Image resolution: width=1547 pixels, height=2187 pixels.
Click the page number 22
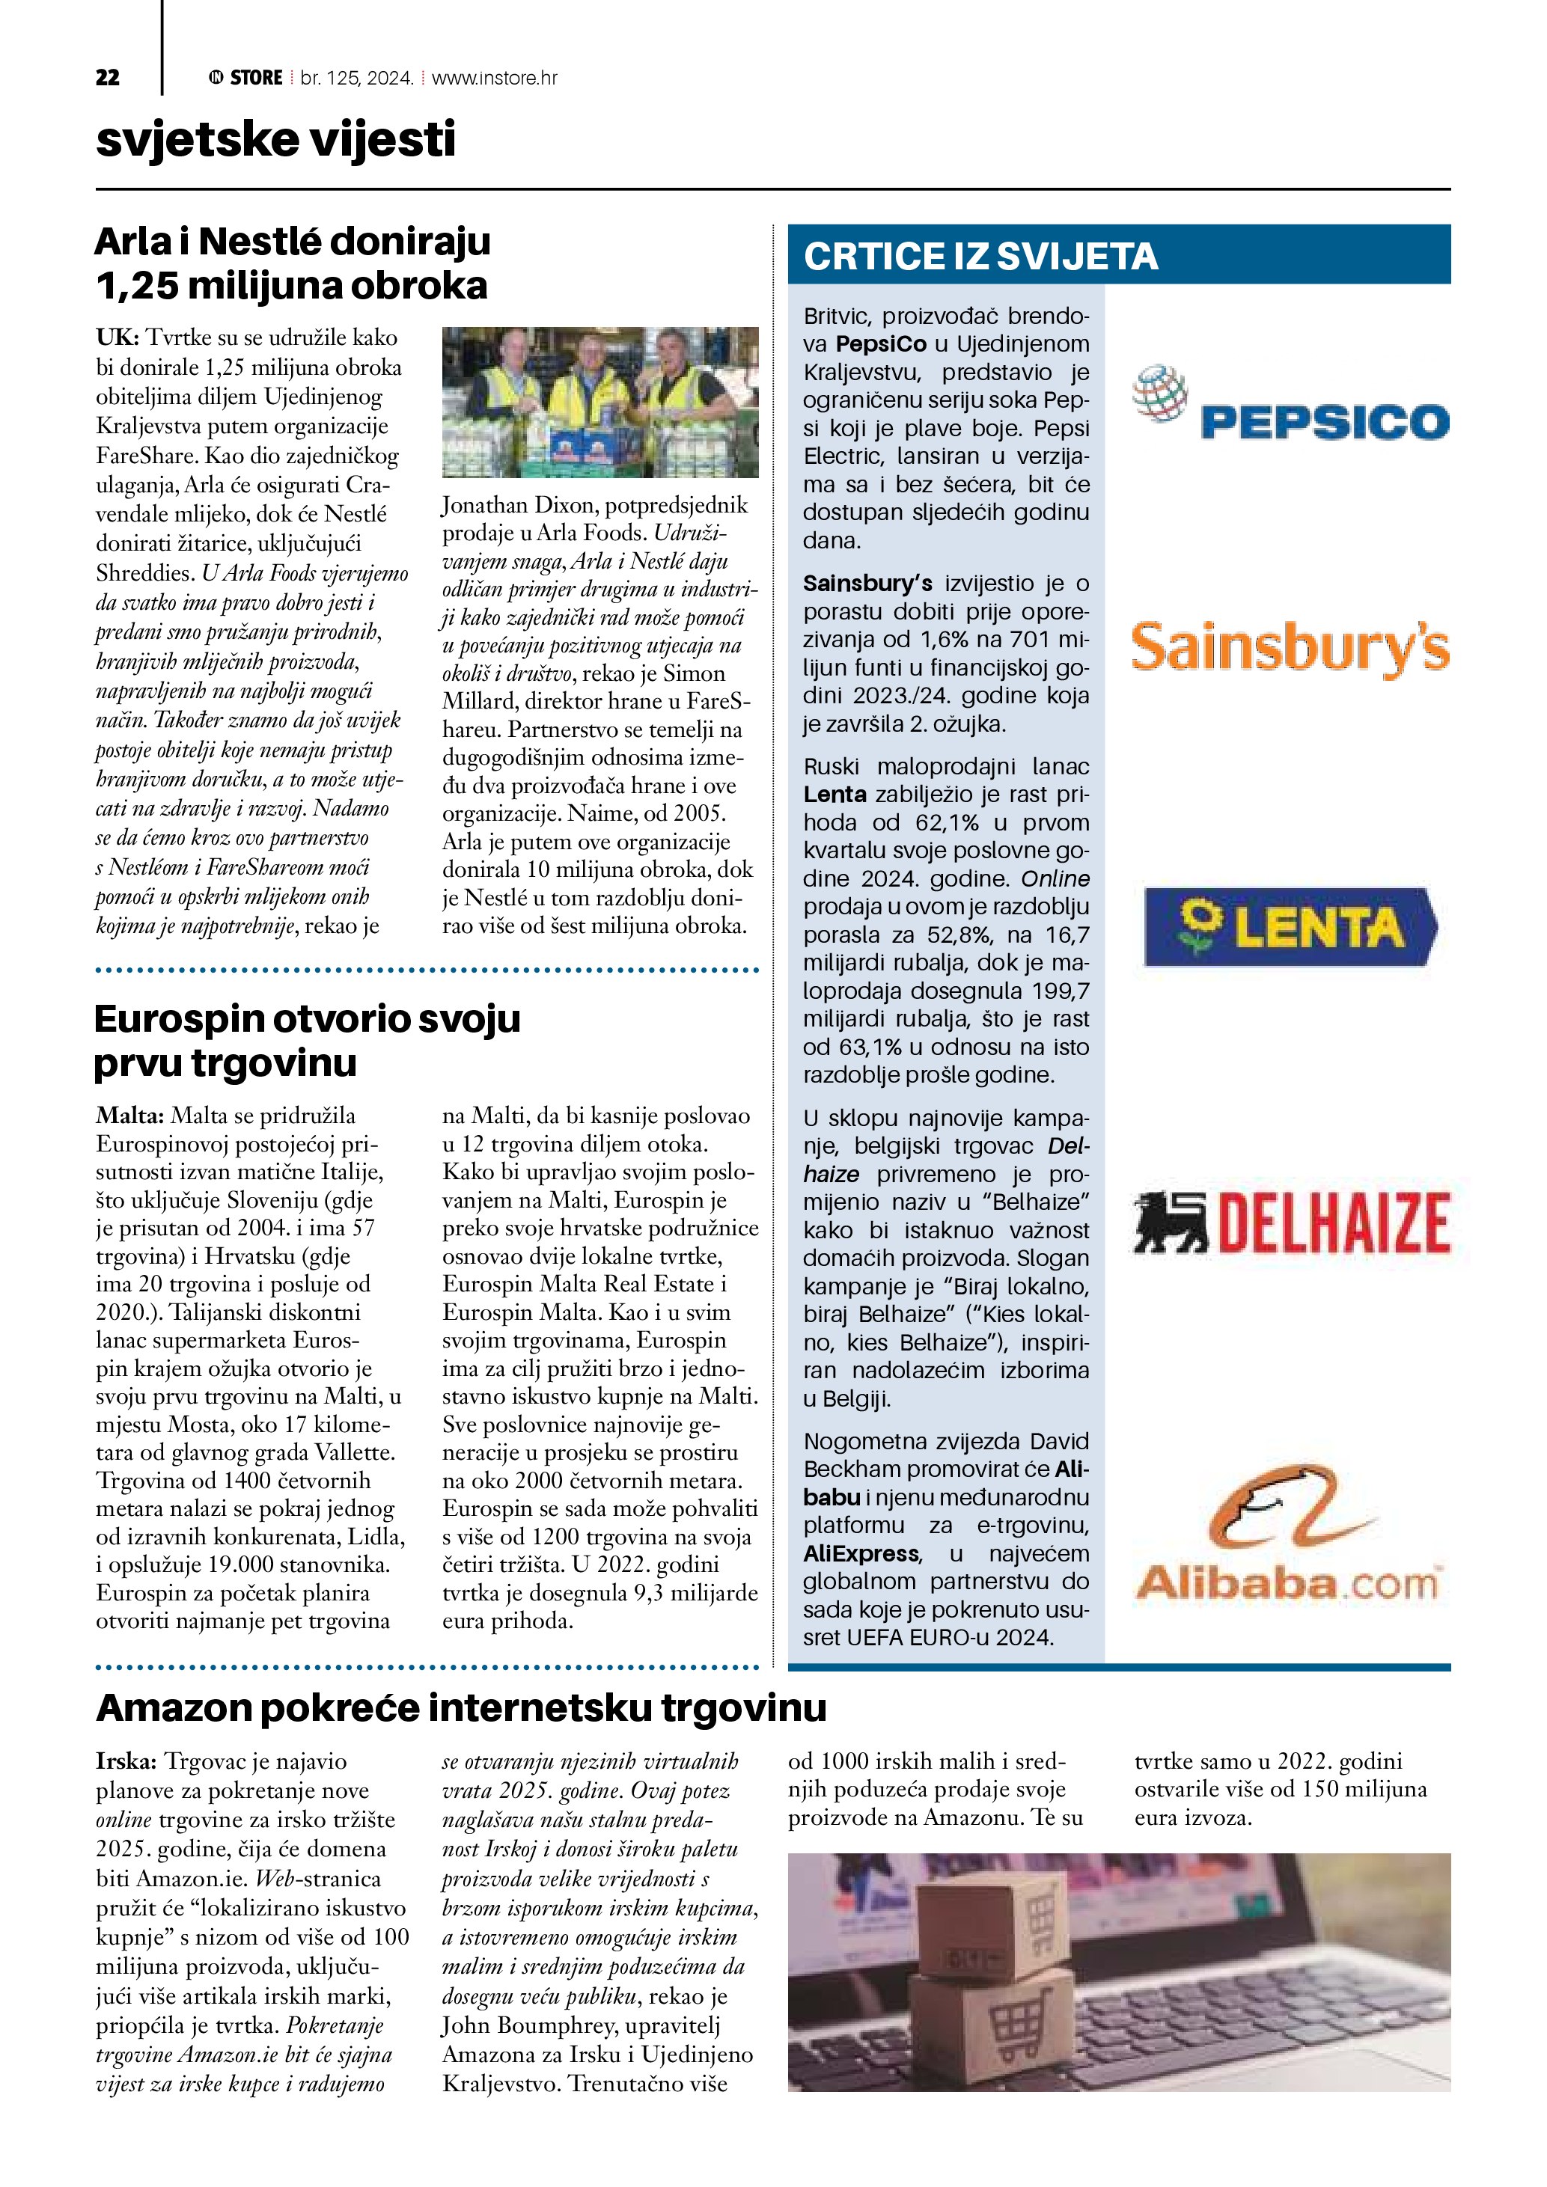coord(108,78)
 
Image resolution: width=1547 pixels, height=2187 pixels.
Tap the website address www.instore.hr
coord(495,78)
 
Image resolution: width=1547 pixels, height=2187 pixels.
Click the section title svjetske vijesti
coord(275,140)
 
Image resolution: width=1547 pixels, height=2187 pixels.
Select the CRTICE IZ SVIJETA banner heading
coord(980,256)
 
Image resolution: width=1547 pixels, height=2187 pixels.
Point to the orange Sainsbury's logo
coord(1291,648)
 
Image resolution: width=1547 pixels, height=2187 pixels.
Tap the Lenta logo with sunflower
coord(1291,926)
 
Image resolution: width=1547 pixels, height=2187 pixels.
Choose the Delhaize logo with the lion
coord(1291,1221)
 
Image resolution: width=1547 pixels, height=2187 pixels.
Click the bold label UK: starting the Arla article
coord(118,337)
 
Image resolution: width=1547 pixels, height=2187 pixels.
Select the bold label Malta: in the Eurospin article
coord(129,1116)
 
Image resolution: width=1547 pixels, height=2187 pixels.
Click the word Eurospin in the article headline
coord(181,1019)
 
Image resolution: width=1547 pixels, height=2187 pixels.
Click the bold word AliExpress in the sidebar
coord(861,1553)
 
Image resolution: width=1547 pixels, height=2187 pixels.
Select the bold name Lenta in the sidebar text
coord(834,795)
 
